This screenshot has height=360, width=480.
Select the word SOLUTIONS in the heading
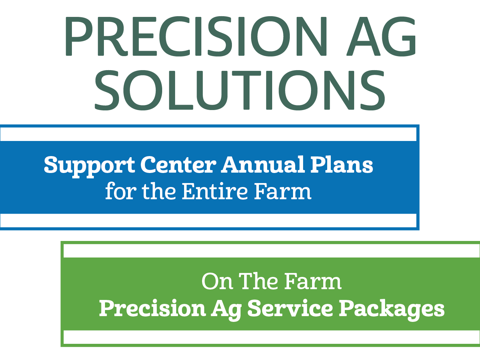[240, 90]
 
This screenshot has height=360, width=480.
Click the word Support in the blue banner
[89, 165]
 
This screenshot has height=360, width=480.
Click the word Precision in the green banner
[152, 309]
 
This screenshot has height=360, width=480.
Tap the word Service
[290, 309]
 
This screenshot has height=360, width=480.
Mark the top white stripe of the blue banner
[209, 134]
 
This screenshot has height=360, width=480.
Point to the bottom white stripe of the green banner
[271, 337]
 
